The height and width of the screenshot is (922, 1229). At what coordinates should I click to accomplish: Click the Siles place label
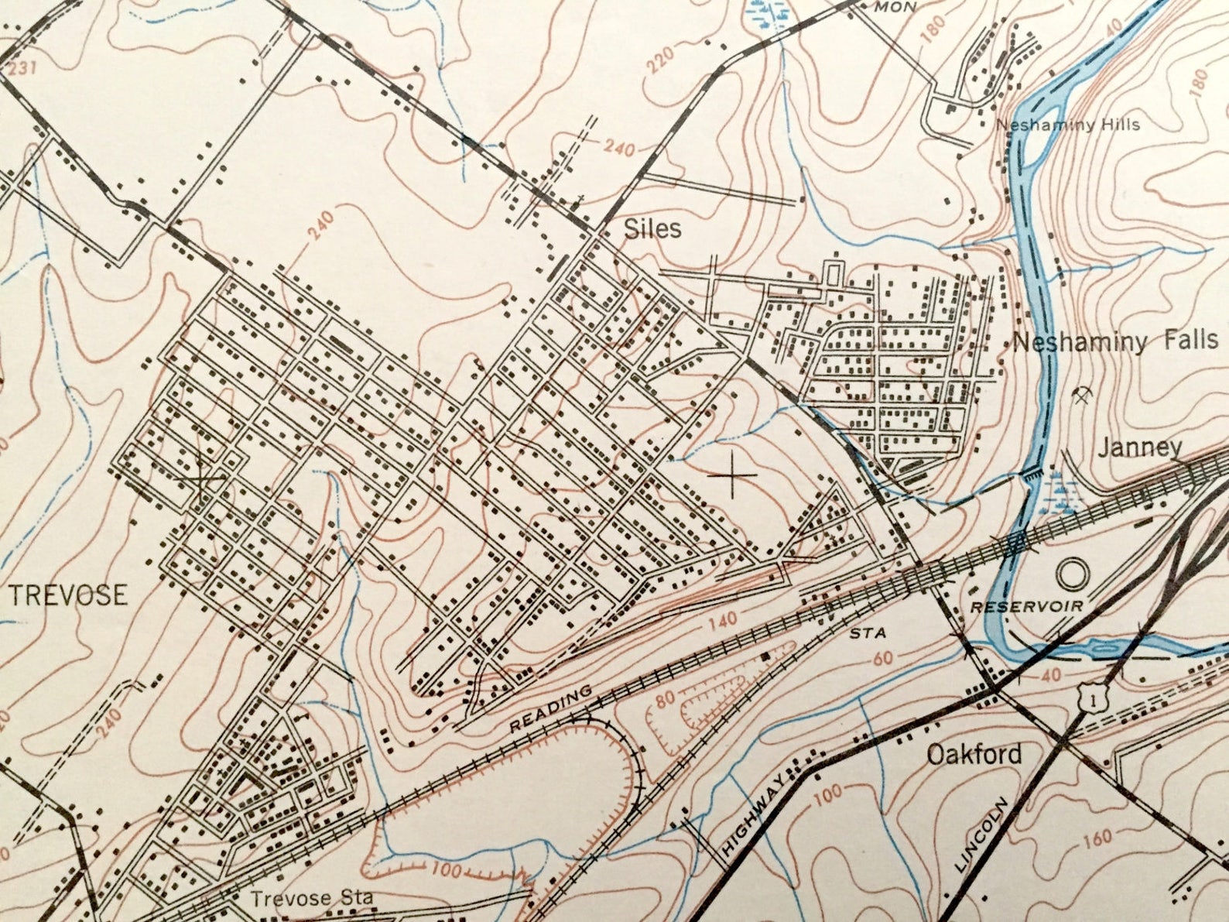coord(652,228)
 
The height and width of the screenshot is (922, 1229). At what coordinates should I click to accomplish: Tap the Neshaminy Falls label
coord(1114,341)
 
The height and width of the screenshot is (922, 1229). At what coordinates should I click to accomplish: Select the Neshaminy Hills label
coord(1067,125)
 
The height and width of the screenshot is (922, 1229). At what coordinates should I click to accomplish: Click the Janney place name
coord(1140,447)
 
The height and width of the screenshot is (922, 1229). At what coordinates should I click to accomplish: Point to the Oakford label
coord(974,754)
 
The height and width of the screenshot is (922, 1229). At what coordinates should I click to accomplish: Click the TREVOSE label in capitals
coord(68,595)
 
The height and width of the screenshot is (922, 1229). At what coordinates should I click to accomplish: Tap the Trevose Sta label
coord(311,899)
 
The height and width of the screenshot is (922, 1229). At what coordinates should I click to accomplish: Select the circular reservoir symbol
coord(1073,574)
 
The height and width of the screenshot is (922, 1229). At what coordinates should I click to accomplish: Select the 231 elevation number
coord(22,69)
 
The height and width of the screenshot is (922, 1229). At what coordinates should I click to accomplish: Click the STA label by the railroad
coord(866,633)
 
